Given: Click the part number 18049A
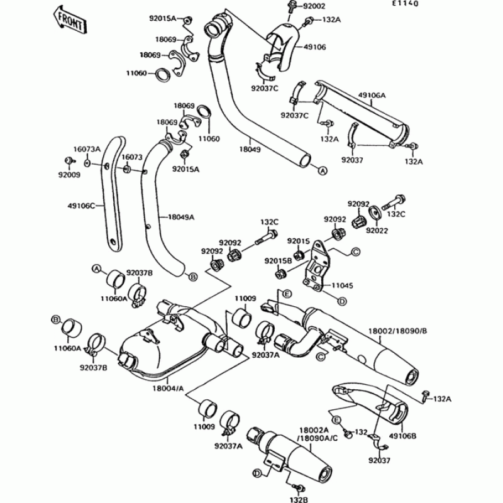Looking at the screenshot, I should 181,216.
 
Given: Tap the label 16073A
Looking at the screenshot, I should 87,149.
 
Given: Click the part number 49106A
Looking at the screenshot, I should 372,95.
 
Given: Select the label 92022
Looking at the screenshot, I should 377,231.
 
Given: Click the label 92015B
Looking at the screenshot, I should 277,260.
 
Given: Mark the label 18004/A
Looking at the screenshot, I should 167,389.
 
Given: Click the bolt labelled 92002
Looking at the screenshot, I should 292,8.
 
